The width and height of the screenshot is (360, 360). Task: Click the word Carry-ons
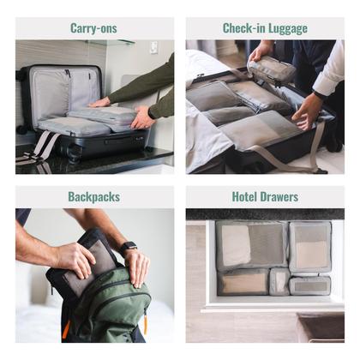(94, 28)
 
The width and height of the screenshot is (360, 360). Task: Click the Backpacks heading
(94, 197)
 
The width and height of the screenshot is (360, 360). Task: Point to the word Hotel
(246, 197)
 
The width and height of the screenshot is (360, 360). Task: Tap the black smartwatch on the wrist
(128, 247)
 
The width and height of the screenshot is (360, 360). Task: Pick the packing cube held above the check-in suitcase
(273, 69)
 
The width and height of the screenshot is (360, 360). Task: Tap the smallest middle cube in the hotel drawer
(279, 281)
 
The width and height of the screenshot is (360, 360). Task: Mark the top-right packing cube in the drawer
(309, 247)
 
